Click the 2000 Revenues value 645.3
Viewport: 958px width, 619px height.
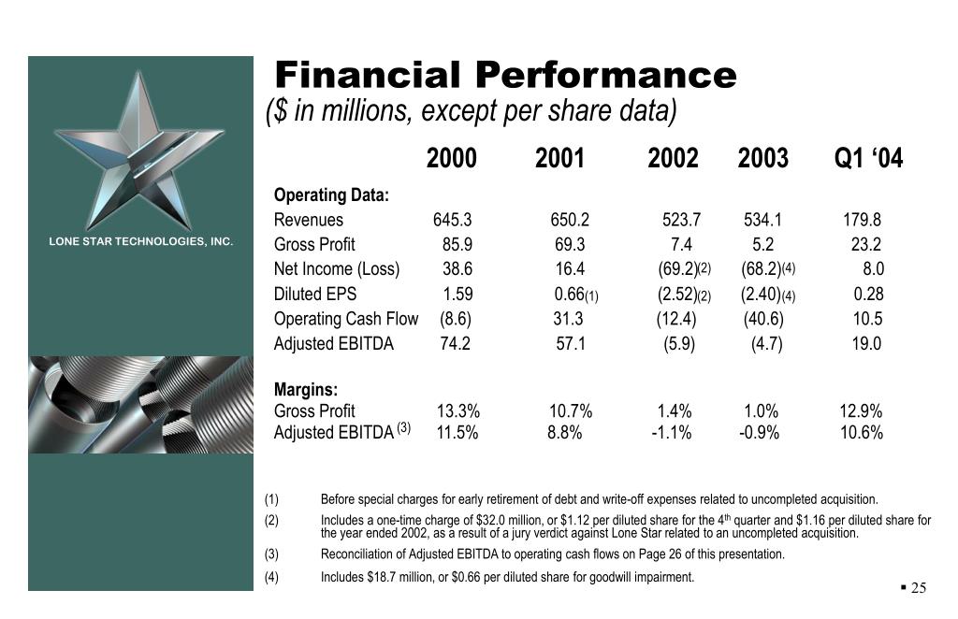(x=452, y=221)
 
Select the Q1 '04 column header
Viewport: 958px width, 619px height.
(x=868, y=159)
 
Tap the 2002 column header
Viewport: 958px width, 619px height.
(x=673, y=159)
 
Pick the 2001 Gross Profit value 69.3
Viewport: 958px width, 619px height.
(x=569, y=245)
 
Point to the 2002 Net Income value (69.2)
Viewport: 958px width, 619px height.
(x=678, y=269)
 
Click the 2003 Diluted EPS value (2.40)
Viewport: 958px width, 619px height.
(x=761, y=294)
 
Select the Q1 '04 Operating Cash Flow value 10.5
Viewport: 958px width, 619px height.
(x=867, y=319)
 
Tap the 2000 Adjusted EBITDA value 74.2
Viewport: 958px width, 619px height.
(x=455, y=343)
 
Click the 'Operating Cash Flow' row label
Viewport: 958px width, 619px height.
(x=345, y=319)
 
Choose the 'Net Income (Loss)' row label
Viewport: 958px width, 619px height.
(x=336, y=269)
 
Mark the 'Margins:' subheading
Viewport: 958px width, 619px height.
(x=306, y=390)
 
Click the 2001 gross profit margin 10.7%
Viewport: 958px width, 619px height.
(x=570, y=411)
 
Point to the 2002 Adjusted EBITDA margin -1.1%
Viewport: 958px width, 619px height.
(x=671, y=433)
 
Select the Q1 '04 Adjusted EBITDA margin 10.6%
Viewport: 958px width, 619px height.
(x=861, y=433)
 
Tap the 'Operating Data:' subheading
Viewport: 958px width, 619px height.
(x=331, y=195)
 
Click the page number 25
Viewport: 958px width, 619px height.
(x=918, y=588)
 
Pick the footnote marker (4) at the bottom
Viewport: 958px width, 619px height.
(x=271, y=577)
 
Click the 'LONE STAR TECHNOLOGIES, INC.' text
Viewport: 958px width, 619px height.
(x=140, y=242)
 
